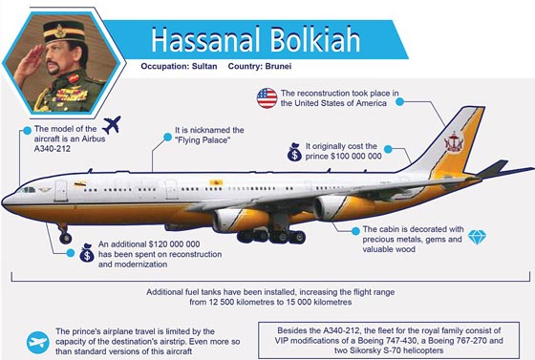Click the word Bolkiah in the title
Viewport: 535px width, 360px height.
(x=315, y=40)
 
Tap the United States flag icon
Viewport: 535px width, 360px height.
(x=267, y=98)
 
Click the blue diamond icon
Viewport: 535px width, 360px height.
(x=477, y=237)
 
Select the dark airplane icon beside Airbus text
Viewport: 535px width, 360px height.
(x=112, y=125)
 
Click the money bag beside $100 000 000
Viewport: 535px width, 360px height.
(x=294, y=152)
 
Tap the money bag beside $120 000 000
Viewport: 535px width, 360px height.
(x=87, y=253)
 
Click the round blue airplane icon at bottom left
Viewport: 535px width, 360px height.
(x=38, y=342)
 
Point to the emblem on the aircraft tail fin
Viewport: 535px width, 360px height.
(x=454, y=142)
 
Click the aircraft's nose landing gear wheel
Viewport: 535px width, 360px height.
(x=65, y=238)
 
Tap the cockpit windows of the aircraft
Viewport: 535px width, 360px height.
(x=27, y=189)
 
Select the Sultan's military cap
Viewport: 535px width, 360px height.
(x=64, y=32)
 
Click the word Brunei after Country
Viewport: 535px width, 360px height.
(x=278, y=66)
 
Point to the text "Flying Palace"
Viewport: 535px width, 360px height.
(x=203, y=140)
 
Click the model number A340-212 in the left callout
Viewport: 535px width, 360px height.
(x=53, y=149)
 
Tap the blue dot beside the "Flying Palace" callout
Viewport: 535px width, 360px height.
(x=167, y=137)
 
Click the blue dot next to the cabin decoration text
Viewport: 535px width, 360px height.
(x=355, y=231)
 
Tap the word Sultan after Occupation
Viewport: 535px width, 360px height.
(x=204, y=66)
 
